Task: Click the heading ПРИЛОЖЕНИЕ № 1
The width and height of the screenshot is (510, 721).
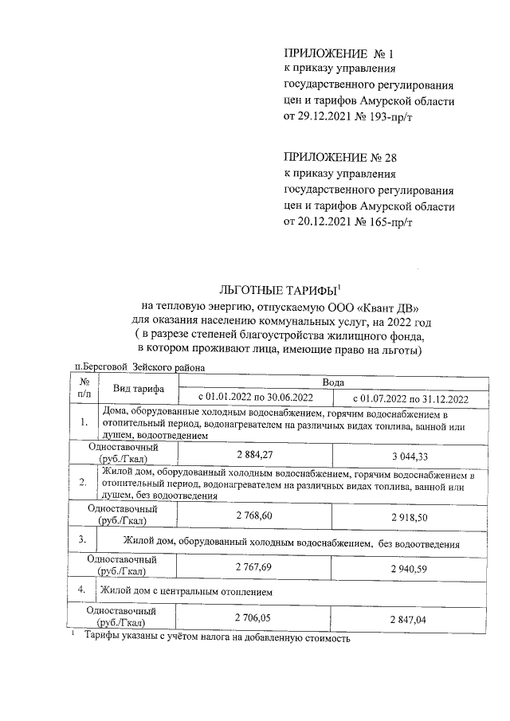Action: [339, 54]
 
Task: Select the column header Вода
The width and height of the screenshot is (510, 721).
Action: [333, 382]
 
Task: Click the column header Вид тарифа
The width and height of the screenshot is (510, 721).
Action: [139, 390]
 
